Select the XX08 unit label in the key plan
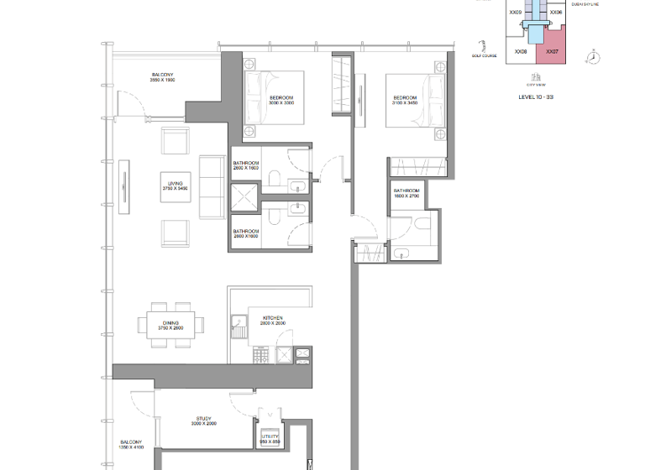[x=521, y=51]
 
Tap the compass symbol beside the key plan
[x=595, y=56]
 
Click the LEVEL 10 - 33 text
[x=536, y=97]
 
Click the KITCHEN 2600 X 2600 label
[x=273, y=321]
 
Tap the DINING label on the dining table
[x=170, y=325]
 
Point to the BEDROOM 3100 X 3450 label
[x=405, y=100]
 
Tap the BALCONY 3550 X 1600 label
[x=162, y=77]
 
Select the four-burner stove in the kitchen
[x=261, y=357]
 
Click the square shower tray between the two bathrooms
[x=246, y=199]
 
